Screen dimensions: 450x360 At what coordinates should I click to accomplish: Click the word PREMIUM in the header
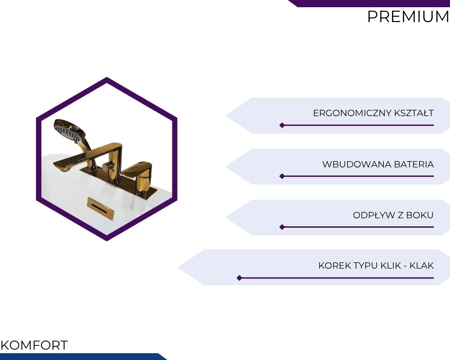[408, 17]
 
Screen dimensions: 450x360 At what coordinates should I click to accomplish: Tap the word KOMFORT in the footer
[34, 345]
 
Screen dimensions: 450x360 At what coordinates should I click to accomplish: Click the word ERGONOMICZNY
[352, 113]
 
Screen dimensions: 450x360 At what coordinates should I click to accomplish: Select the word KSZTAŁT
[414, 113]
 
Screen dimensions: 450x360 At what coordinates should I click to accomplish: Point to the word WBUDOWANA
[357, 165]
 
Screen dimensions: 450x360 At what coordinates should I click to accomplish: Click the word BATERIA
[414, 165]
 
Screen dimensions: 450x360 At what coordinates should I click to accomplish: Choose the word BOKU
[421, 215]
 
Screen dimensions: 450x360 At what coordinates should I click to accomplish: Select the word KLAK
[422, 265]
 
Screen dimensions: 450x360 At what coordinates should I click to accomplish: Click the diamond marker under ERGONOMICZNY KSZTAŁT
[282, 125]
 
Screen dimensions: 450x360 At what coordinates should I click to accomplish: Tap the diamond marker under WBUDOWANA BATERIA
[282, 176]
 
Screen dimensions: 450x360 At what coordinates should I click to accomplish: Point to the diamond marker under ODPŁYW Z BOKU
[282, 227]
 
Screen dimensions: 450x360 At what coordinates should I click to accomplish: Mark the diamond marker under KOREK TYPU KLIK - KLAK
[239, 278]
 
